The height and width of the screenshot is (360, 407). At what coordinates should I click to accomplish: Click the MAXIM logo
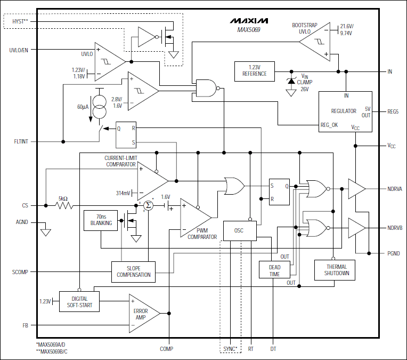coord(249,21)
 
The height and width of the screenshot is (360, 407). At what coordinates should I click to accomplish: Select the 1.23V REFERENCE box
coord(254,71)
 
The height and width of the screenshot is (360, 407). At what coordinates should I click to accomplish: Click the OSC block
coord(240,230)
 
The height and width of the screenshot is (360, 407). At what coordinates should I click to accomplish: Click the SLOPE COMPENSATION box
coord(133,271)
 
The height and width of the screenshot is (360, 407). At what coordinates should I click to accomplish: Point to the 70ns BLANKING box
coord(101,220)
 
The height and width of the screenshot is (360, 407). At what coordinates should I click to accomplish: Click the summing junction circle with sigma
coord(149,206)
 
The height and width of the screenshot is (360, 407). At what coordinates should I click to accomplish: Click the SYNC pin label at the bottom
coord(230,349)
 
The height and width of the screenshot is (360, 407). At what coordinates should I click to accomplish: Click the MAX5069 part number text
coord(249,30)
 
